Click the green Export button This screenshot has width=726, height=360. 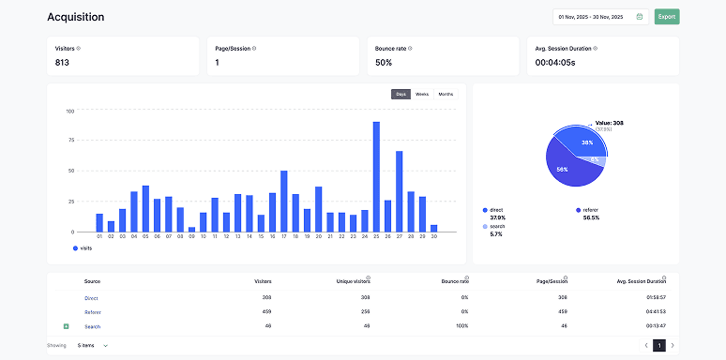[667, 16]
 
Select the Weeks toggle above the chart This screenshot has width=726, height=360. [422, 94]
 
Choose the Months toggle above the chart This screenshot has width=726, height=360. [446, 94]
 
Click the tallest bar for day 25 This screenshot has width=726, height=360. [376, 176]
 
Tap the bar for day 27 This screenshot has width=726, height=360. [400, 191]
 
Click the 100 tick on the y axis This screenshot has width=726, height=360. [70, 111]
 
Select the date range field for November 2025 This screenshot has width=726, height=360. [599, 16]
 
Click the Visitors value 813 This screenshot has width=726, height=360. [62, 63]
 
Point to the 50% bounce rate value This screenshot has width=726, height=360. [384, 63]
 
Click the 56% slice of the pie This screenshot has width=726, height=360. [564, 169]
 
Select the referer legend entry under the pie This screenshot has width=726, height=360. [589, 209]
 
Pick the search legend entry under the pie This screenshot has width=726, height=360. [496, 226]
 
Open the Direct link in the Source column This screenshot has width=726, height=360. [92, 297]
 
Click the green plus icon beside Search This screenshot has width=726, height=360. [66, 326]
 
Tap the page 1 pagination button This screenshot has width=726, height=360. [658, 345]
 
